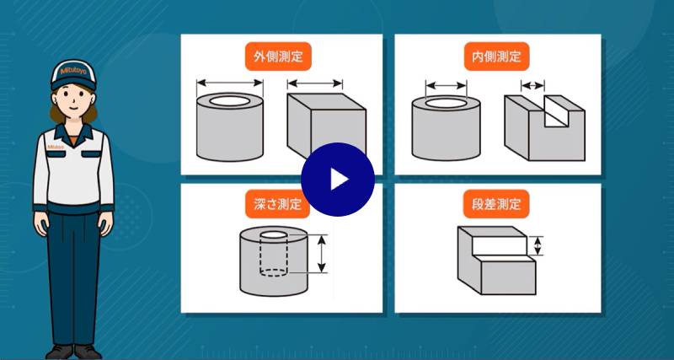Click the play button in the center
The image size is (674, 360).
(x=337, y=180)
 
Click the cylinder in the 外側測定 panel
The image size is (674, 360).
(x=230, y=126)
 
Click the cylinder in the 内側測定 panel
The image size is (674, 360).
(x=446, y=128)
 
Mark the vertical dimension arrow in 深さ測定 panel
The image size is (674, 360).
(x=320, y=254)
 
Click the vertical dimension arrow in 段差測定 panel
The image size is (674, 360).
(x=540, y=245)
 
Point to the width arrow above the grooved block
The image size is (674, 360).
(x=532, y=85)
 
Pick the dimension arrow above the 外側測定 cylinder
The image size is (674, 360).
(x=230, y=83)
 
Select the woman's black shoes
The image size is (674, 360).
(x=73, y=350)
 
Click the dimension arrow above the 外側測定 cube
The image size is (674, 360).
(x=315, y=83)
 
